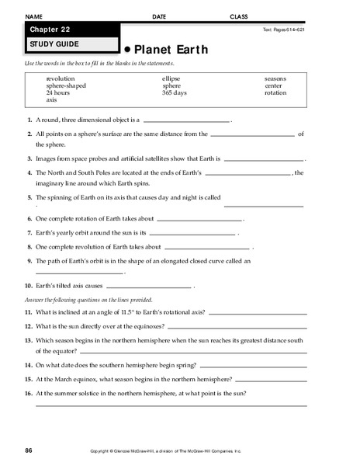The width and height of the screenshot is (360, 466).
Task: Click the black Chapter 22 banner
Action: [70, 30]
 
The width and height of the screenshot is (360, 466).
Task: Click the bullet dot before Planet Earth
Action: [127, 49]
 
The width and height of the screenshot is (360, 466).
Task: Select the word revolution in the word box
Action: [61, 79]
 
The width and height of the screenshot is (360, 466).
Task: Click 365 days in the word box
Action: [175, 93]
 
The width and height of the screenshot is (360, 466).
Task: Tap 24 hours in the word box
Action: [58, 93]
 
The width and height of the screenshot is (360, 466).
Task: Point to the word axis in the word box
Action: [51, 100]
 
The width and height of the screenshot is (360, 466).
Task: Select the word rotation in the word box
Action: [275, 93]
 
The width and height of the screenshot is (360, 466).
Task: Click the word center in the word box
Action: [274, 86]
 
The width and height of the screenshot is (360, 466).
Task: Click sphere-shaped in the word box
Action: [67, 86]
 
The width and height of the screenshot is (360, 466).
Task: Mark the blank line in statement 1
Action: [187, 122]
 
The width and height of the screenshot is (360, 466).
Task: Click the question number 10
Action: [28, 286]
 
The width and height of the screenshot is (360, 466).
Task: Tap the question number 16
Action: [28, 393]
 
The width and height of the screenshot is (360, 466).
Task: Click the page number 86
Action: [28, 450]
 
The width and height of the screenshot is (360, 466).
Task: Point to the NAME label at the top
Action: [33, 16]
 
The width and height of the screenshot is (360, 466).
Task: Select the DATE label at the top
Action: [159, 16]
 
